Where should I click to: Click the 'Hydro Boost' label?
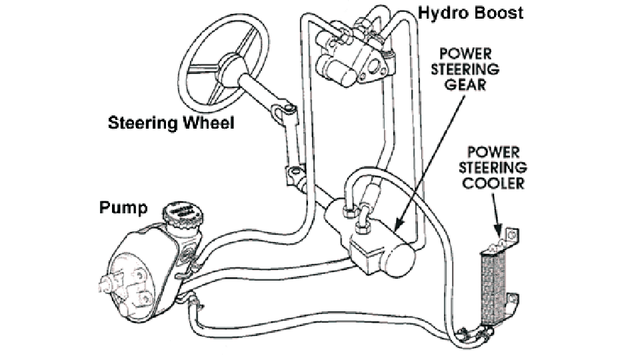click(471, 12)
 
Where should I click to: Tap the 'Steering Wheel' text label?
click(171, 123)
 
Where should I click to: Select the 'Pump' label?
click(123, 208)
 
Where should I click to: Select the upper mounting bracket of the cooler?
click(511, 235)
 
